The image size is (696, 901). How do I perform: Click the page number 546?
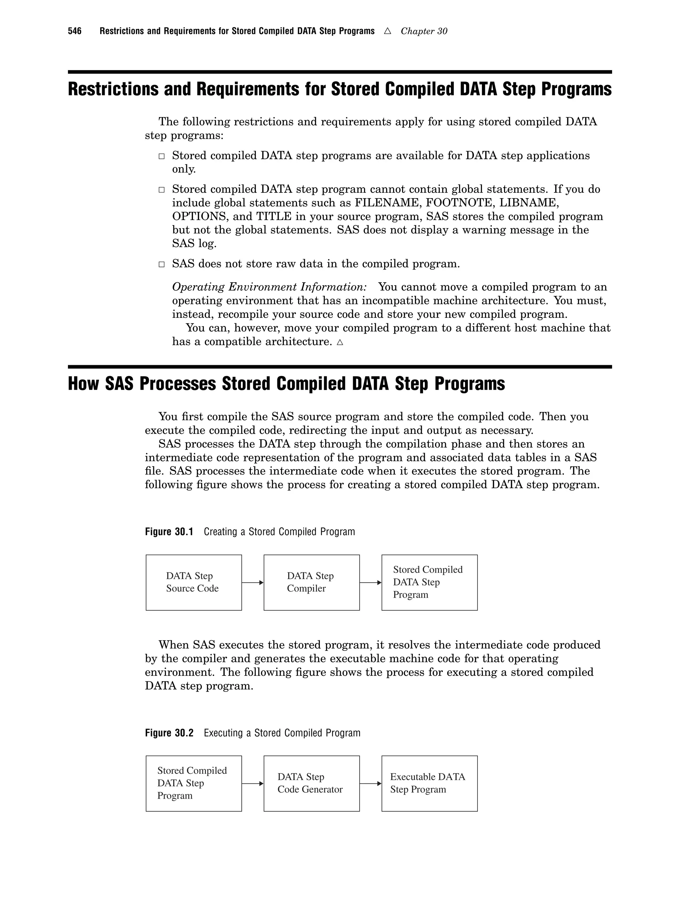75,31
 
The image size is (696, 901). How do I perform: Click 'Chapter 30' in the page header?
423,31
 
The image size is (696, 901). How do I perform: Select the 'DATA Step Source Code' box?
193,582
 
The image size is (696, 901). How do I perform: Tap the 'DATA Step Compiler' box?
311,582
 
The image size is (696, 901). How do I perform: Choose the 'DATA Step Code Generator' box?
311,783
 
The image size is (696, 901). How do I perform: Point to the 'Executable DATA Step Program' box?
429,783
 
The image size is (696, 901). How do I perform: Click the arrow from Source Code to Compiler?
253,582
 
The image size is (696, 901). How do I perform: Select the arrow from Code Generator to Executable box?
370,783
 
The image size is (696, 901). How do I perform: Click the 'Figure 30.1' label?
169,532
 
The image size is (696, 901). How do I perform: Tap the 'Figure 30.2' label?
169,733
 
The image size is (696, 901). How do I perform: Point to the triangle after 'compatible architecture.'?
340,342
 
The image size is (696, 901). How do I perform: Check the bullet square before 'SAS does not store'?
162,265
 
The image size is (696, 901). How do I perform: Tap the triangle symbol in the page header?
387,31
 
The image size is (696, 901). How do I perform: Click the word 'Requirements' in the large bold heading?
247,89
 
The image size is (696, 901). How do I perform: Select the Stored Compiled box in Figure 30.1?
429,582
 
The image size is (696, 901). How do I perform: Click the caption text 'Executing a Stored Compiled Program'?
282,733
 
